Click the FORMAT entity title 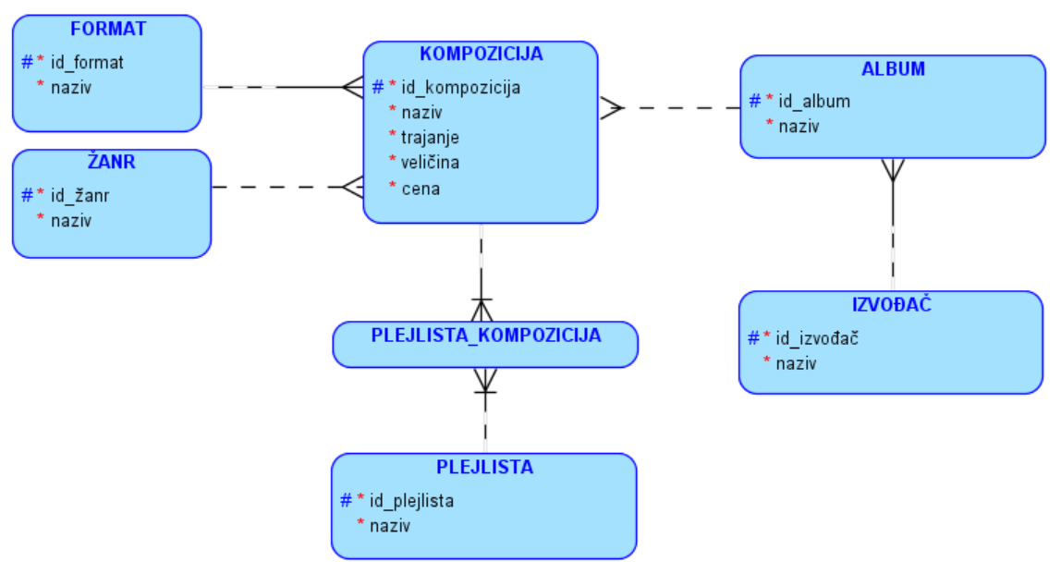click(x=107, y=29)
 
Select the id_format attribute click(x=87, y=63)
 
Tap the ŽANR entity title click(x=111, y=163)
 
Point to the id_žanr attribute click(x=80, y=196)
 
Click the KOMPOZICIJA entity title click(x=481, y=54)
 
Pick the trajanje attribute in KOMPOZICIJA click(x=430, y=138)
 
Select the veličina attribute click(x=430, y=163)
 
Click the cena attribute click(x=421, y=189)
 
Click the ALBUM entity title click(x=893, y=68)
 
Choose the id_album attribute click(x=813, y=101)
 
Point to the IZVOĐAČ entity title click(x=891, y=305)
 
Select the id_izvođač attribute click(x=818, y=337)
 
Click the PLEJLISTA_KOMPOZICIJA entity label click(x=486, y=336)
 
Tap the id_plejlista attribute click(x=411, y=501)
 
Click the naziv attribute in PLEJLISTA click(x=390, y=526)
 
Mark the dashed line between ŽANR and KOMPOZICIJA click(x=277, y=187)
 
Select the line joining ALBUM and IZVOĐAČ click(x=893, y=231)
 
